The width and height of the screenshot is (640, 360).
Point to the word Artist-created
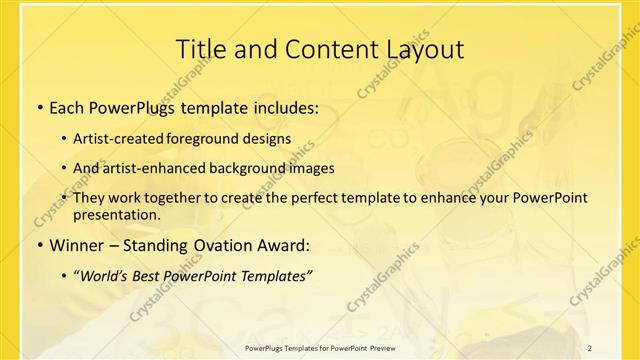[126, 139]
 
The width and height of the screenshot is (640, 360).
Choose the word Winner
[79, 245]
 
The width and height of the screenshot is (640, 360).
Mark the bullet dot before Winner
[38, 245]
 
